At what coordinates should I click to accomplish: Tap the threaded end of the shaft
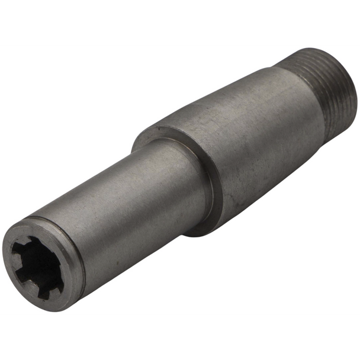pos(332,89)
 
